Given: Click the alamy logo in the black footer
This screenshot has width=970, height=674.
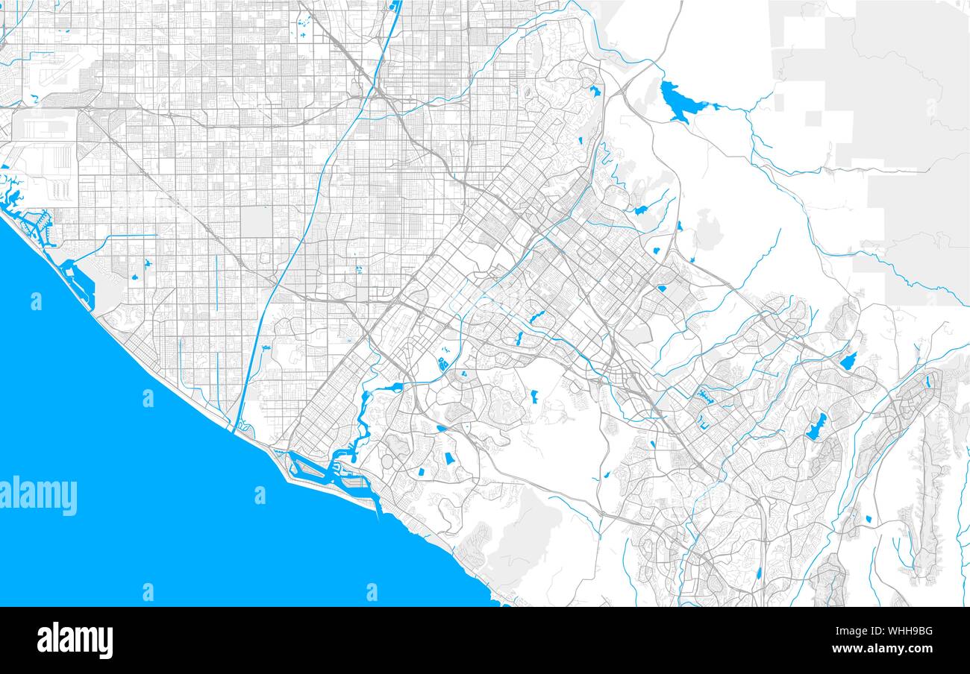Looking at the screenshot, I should pos(75,640).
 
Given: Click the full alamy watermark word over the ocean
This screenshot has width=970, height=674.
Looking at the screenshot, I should pos(39,495).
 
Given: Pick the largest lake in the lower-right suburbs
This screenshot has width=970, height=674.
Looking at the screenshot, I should pos(816,426).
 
